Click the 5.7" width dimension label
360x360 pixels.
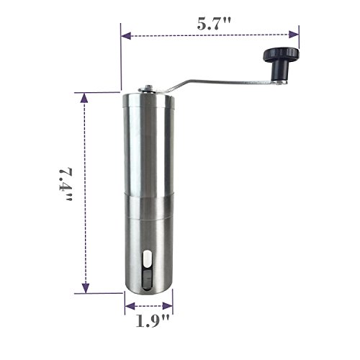[x=214, y=24]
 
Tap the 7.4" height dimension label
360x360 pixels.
[x=66, y=184]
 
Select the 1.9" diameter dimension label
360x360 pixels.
[x=153, y=321]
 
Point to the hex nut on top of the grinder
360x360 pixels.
[x=149, y=88]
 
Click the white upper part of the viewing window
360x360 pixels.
[x=147, y=259]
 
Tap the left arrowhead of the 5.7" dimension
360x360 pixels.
[x=126, y=36]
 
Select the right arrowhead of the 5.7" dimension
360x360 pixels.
[x=294, y=35]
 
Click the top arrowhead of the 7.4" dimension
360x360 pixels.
[x=84, y=98]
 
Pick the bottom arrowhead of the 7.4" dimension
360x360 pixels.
[x=86, y=288]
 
